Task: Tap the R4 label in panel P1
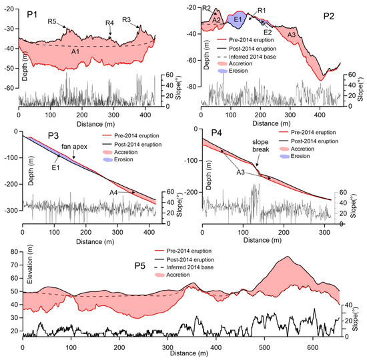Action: tap(109, 23)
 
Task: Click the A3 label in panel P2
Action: tap(291, 34)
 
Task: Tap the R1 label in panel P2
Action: tap(262, 11)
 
